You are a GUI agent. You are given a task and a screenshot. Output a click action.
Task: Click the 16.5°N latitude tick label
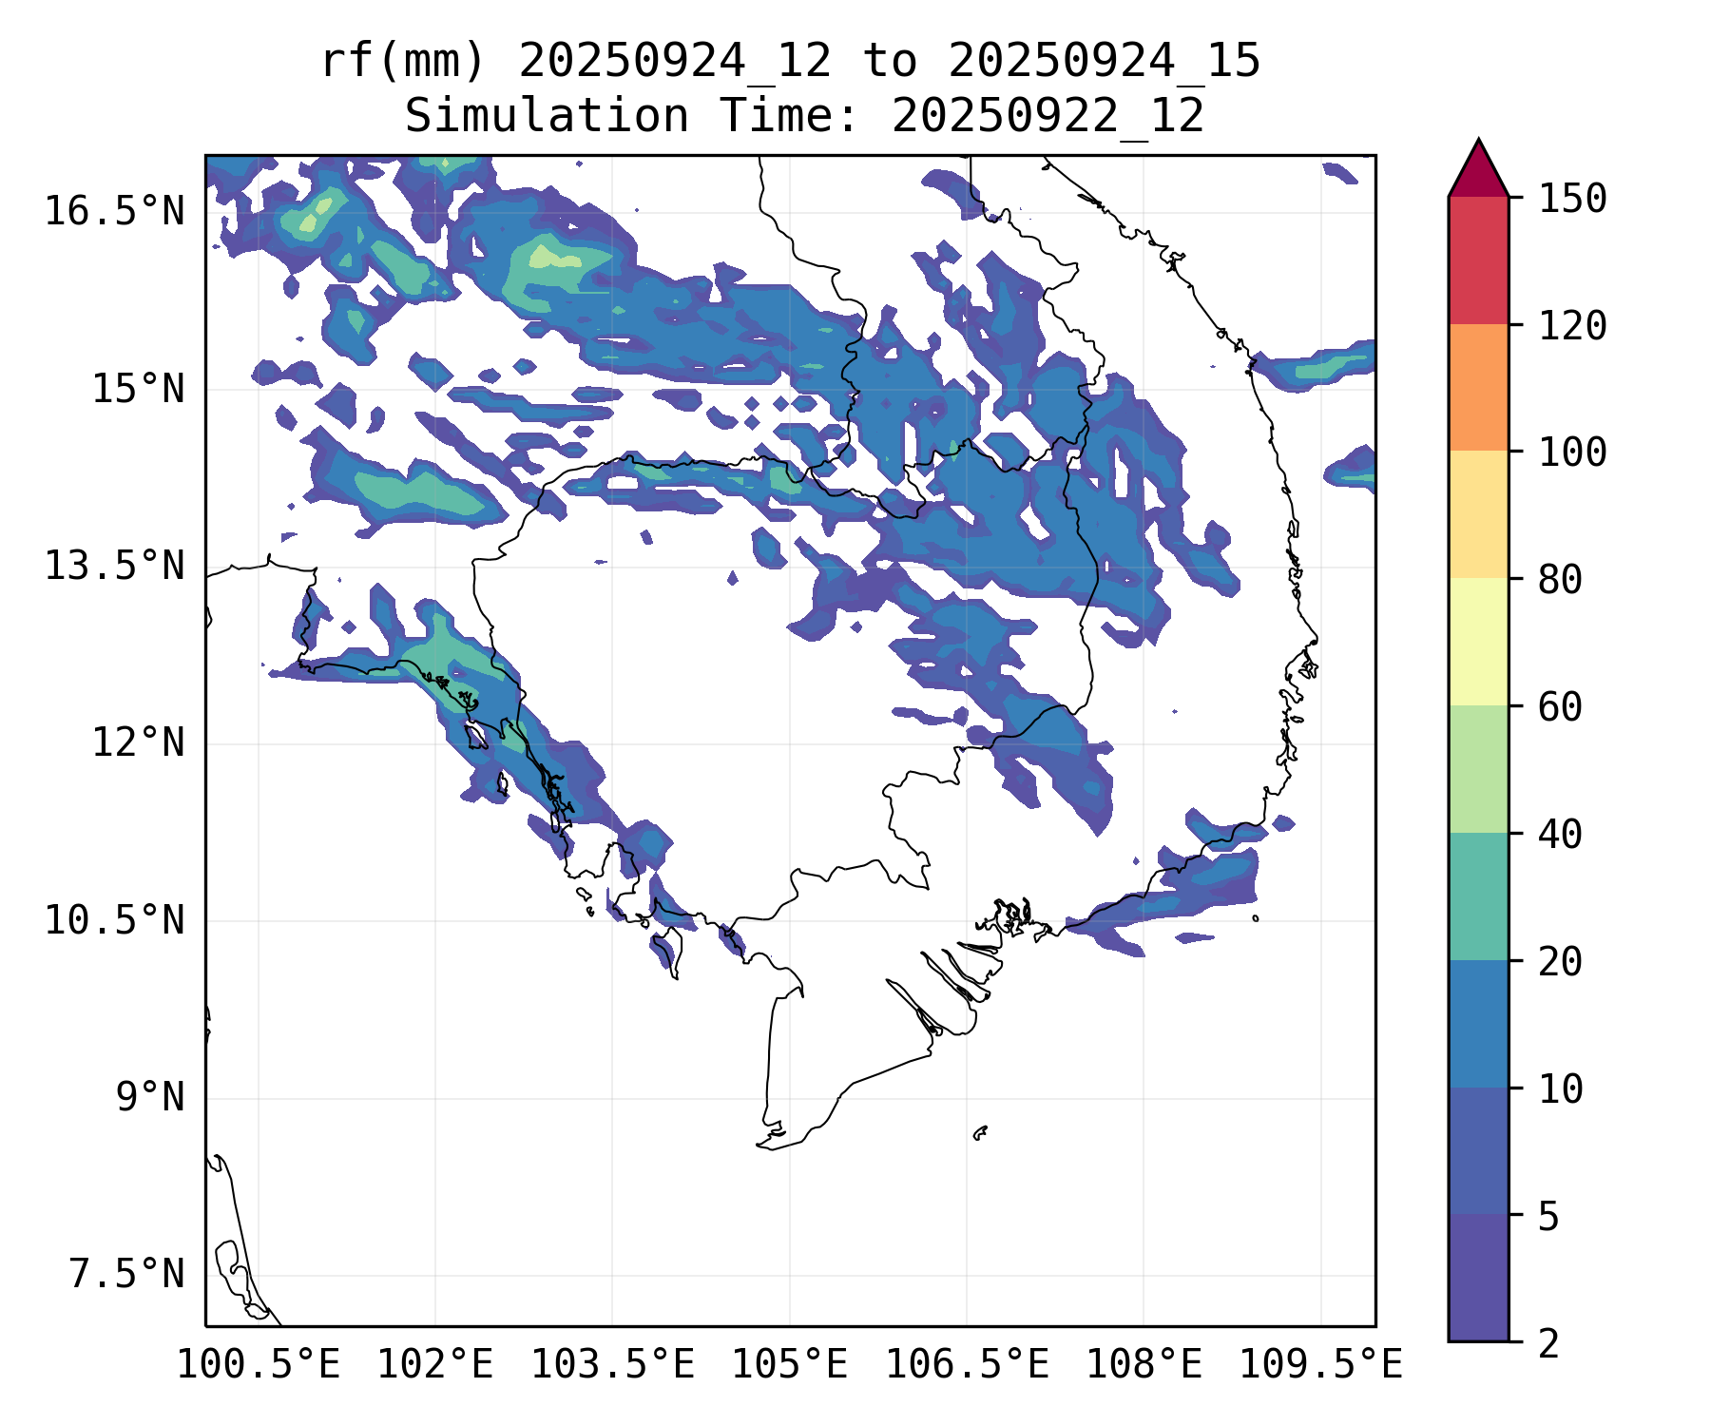(x=114, y=211)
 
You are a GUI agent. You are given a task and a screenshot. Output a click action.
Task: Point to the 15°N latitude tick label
(x=138, y=389)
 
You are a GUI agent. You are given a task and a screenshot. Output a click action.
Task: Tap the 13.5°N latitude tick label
(x=114, y=566)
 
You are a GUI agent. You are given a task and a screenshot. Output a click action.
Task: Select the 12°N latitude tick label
(x=138, y=742)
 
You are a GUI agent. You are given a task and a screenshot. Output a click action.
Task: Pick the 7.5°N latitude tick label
(x=126, y=1274)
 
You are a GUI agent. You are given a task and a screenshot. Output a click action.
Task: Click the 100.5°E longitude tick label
(x=259, y=1365)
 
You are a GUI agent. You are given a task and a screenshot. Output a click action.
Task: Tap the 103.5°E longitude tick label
(x=612, y=1365)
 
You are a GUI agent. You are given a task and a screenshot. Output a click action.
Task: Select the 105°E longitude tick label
(x=789, y=1365)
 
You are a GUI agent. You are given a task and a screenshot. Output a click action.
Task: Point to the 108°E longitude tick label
(x=1144, y=1365)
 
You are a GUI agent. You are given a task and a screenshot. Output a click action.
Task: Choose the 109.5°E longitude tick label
(x=1320, y=1365)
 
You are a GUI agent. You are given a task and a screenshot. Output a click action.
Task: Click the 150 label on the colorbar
(x=1572, y=199)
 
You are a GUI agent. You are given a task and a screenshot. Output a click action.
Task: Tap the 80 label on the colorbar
(x=1560, y=579)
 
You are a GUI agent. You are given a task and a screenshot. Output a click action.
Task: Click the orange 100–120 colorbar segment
(x=1478, y=387)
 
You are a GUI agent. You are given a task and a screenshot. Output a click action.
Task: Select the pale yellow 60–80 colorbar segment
(x=1478, y=642)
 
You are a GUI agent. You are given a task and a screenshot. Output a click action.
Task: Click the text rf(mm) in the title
(x=403, y=61)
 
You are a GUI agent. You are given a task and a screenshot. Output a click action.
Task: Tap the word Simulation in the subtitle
(x=547, y=116)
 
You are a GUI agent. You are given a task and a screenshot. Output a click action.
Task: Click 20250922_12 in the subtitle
(x=1048, y=116)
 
